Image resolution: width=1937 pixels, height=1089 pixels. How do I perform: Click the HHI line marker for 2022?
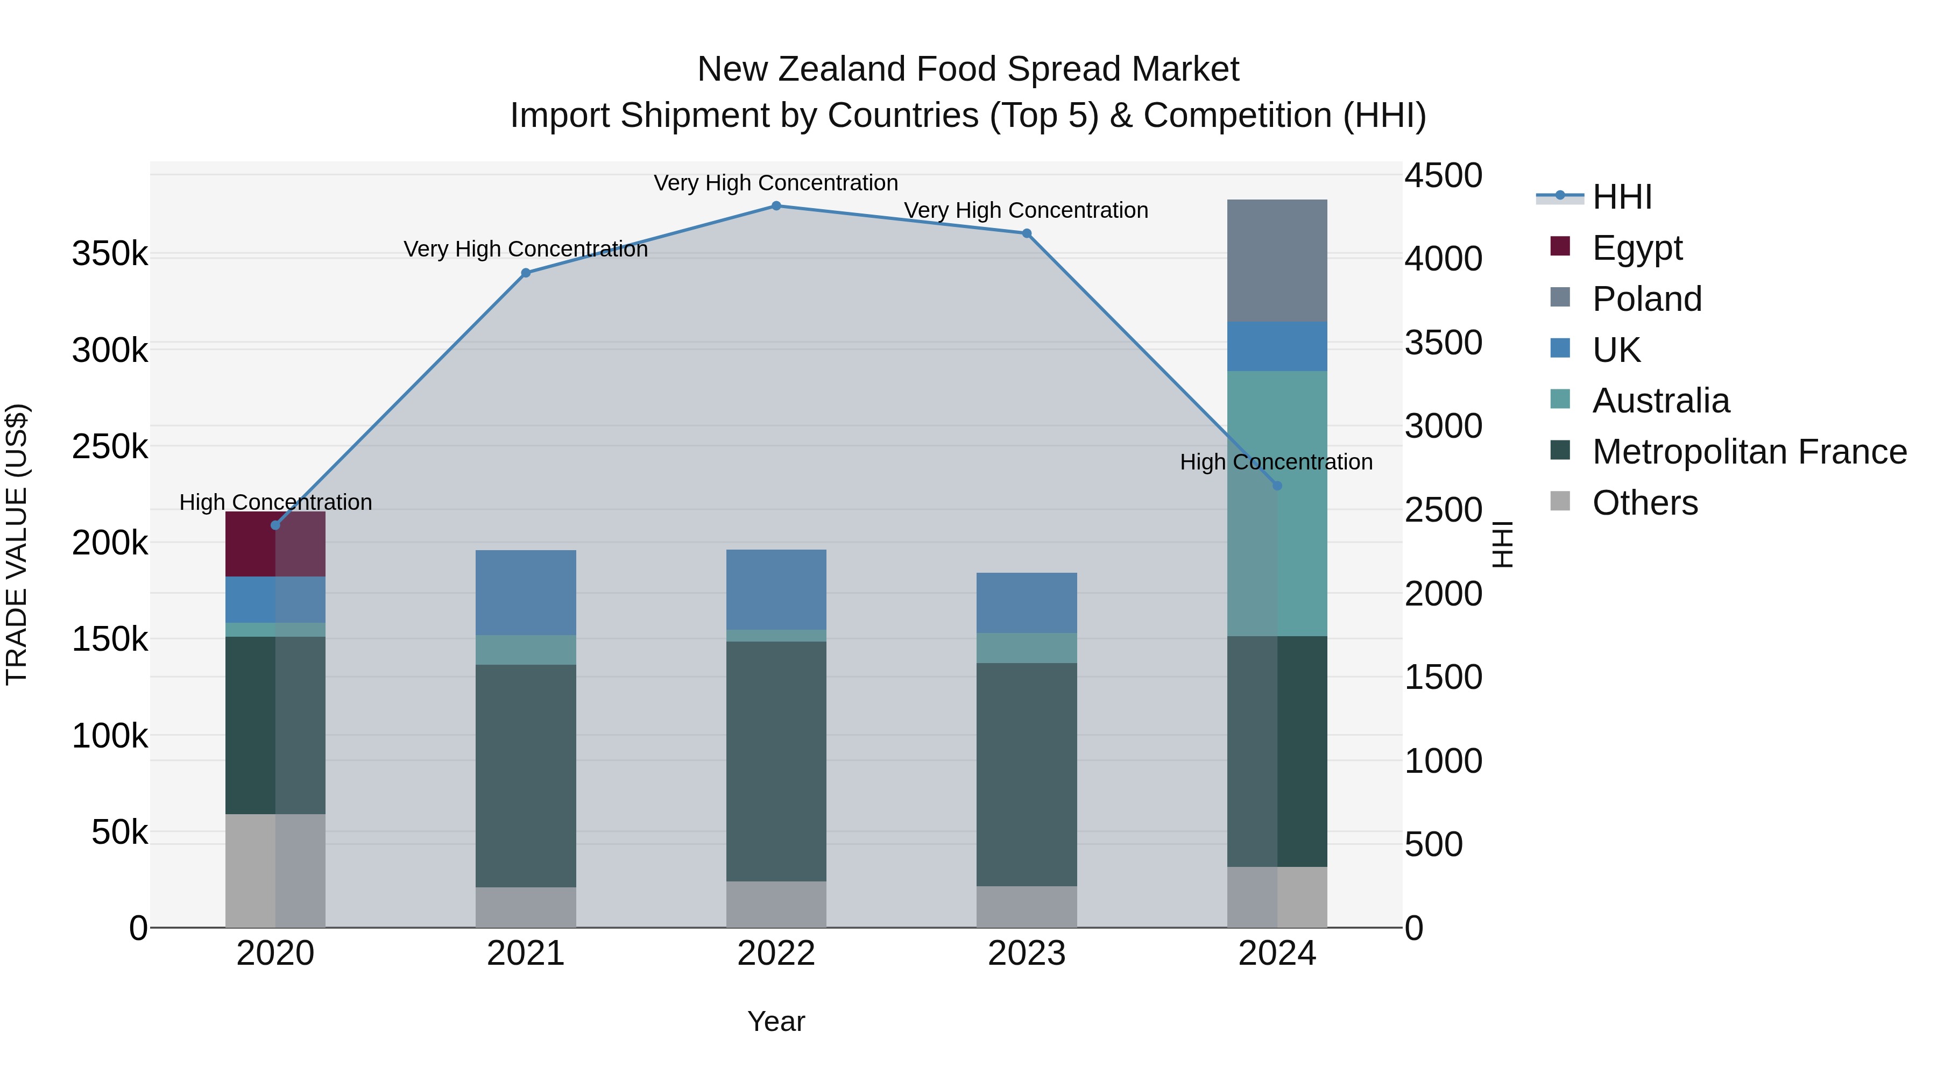(x=776, y=206)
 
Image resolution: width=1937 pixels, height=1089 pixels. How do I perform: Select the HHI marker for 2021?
(x=526, y=273)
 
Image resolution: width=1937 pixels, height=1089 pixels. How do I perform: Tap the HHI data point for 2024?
(x=1277, y=486)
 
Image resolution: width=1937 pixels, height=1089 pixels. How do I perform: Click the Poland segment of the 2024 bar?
(x=1277, y=261)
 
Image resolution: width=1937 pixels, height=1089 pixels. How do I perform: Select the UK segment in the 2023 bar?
(x=1027, y=603)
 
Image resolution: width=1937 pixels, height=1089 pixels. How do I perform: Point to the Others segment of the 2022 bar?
(x=776, y=904)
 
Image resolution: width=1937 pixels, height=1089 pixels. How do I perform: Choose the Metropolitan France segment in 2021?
(x=526, y=775)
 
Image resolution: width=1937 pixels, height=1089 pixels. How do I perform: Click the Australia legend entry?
(x=1660, y=401)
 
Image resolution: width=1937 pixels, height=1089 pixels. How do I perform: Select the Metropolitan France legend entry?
(x=1749, y=452)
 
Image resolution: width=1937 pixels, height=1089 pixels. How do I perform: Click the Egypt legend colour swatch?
(x=1560, y=246)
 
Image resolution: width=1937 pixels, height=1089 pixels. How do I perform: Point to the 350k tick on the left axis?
(x=110, y=254)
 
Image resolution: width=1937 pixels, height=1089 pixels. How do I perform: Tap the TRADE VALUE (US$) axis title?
(x=17, y=544)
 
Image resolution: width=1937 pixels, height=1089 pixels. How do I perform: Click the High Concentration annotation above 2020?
(x=275, y=502)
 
